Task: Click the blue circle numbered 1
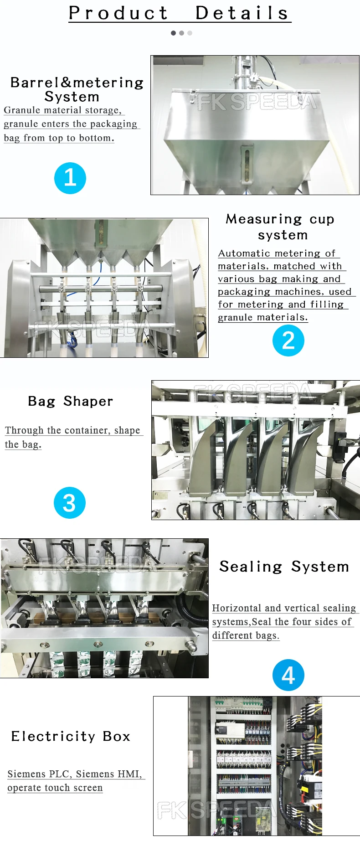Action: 70,178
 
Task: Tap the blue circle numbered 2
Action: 288,341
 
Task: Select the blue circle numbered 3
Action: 70,503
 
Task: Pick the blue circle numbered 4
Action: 288,675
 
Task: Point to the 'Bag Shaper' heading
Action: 70,401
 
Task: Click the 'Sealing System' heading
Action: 284,567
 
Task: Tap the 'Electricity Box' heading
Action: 71,736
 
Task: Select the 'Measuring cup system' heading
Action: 281,227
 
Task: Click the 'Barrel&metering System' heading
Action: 77,89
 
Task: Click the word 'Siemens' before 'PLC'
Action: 26,774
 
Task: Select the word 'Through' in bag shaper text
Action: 24,430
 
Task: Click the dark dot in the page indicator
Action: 173,33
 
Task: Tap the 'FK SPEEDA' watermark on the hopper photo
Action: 257,102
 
